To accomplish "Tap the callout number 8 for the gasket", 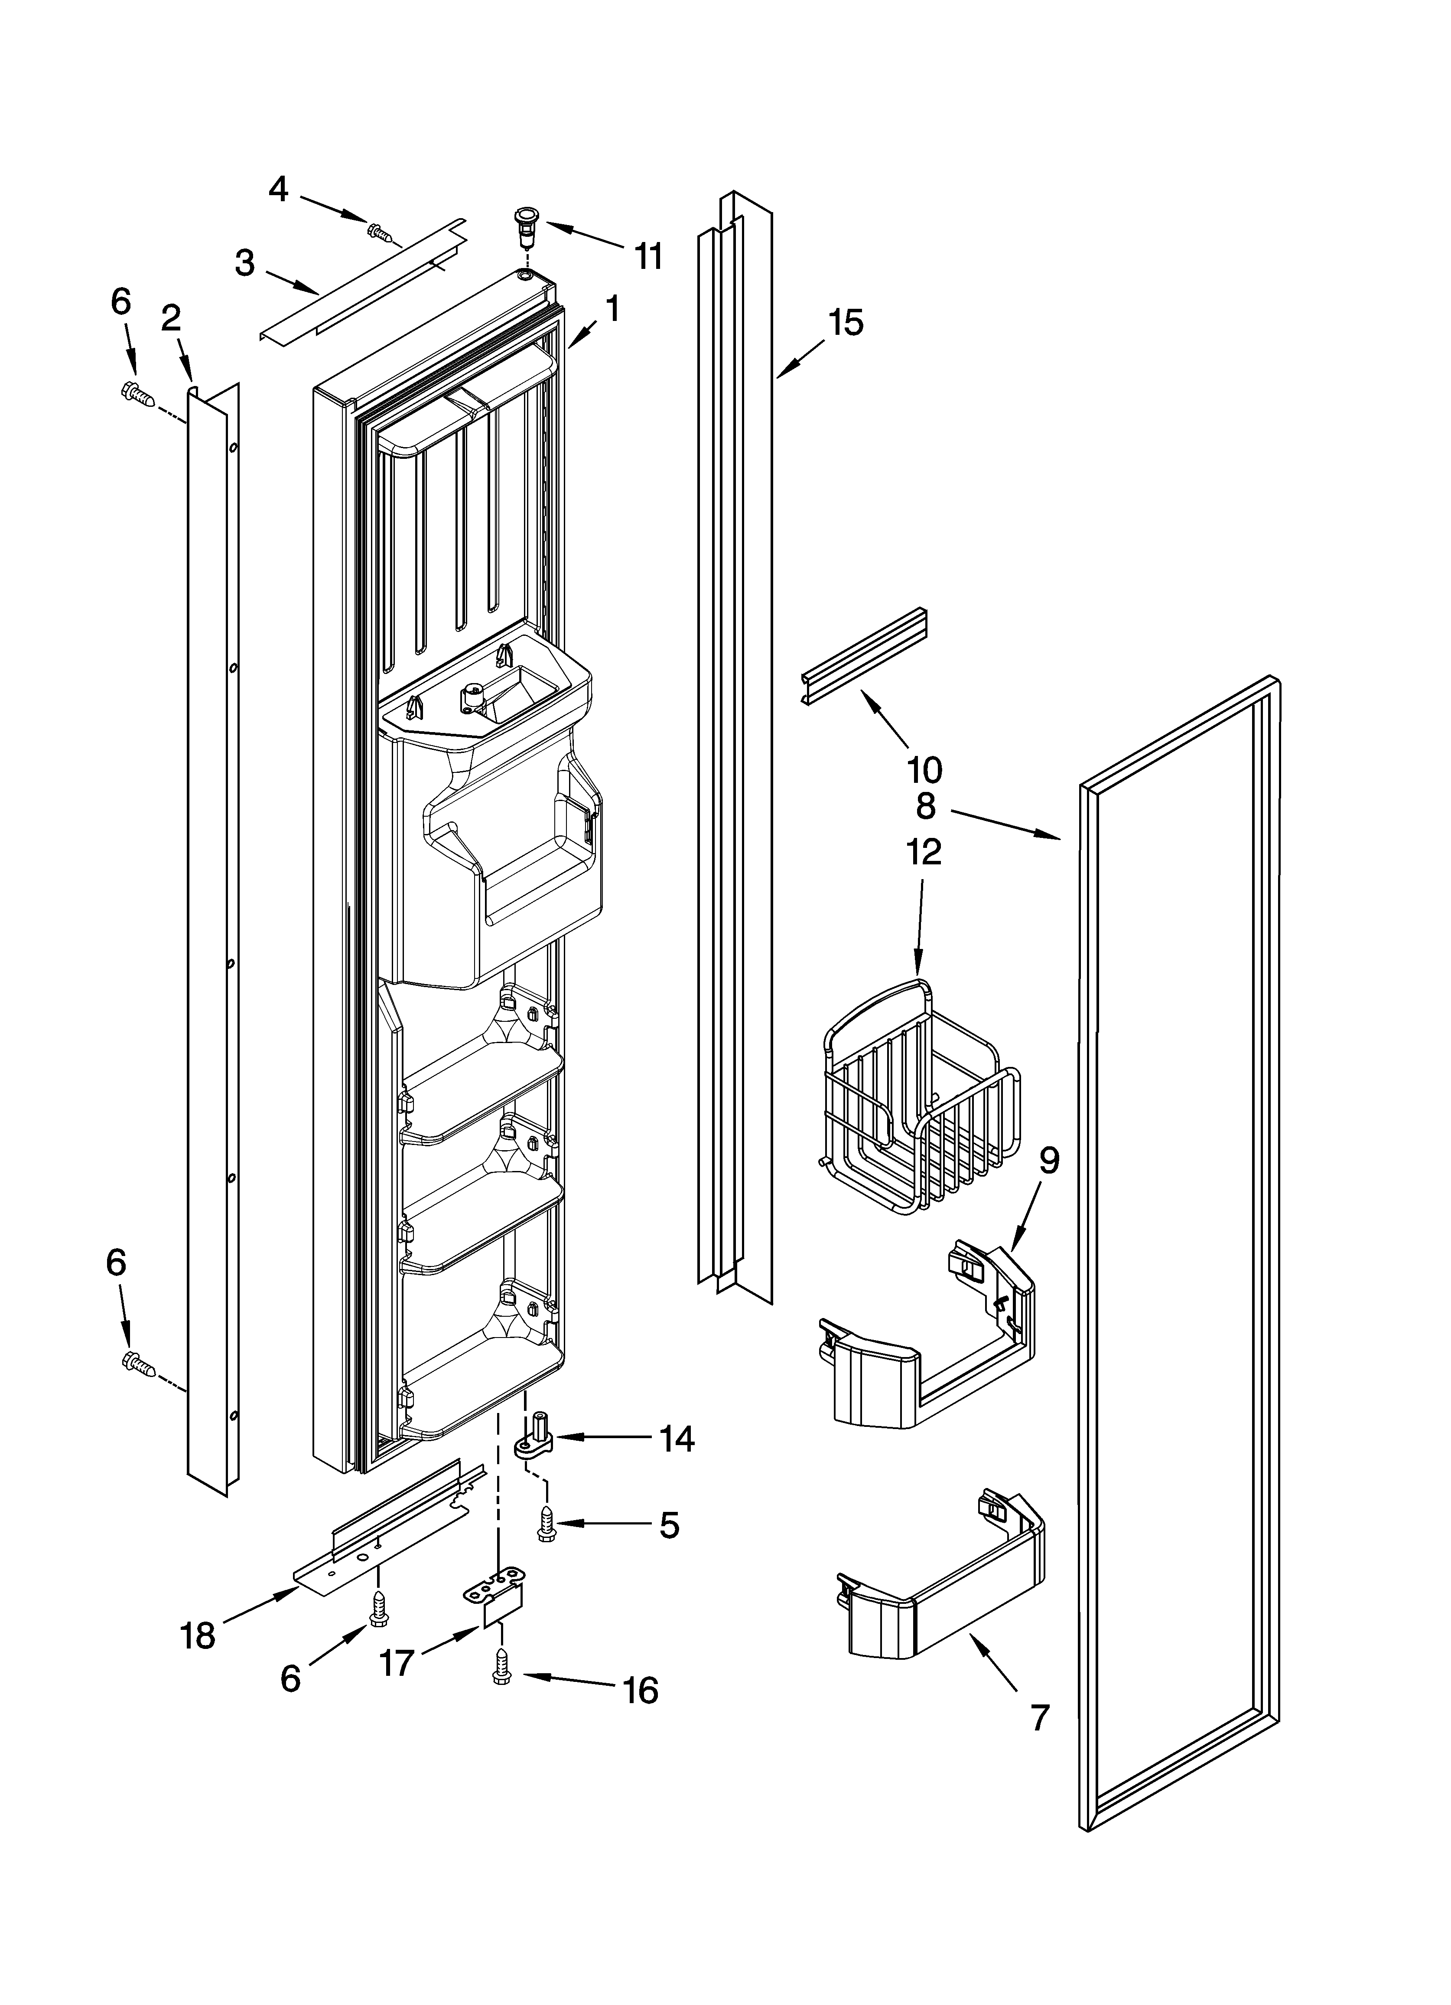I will pyautogui.click(x=925, y=805).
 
